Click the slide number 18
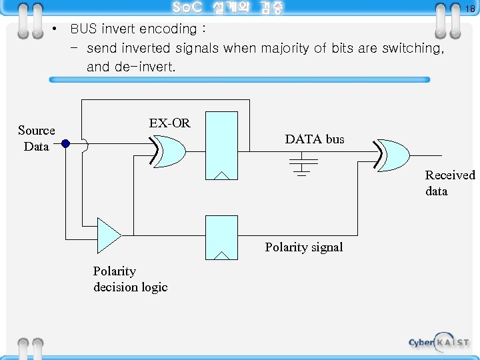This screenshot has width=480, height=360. point(469,9)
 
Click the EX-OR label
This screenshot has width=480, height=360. point(169,123)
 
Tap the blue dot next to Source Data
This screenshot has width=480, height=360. point(66,143)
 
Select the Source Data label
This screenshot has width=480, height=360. point(37,138)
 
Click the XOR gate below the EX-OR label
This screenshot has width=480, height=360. point(169,151)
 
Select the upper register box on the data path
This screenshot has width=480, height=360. point(222,146)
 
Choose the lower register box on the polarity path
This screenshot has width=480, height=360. point(222,237)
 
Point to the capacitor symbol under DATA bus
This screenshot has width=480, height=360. point(302,164)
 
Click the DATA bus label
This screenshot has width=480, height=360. point(315,139)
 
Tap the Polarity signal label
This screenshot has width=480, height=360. point(304,247)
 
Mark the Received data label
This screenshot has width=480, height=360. point(450,183)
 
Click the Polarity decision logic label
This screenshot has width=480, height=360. point(130,279)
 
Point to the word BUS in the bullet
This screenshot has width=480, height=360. point(83,29)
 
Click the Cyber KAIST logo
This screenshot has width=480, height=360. point(439,341)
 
